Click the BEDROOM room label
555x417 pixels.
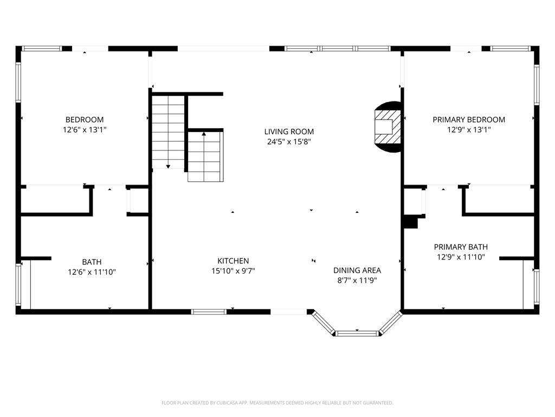(85, 119)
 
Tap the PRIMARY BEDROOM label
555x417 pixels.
(469, 119)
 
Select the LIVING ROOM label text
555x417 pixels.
(289, 131)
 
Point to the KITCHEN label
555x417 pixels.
(233, 261)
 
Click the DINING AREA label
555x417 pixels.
(357, 270)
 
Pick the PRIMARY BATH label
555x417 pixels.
(461, 247)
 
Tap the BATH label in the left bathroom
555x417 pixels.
(92, 262)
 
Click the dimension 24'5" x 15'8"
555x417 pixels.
(289, 142)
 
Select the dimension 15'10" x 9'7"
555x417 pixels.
(233, 271)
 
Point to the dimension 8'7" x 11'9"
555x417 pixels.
(357, 281)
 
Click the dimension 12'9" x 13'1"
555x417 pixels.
(469, 130)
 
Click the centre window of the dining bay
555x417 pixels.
(357, 333)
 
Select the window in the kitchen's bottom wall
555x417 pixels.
(209, 312)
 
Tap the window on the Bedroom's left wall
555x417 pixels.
(18, 83)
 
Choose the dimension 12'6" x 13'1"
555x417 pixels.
(85, 130)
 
